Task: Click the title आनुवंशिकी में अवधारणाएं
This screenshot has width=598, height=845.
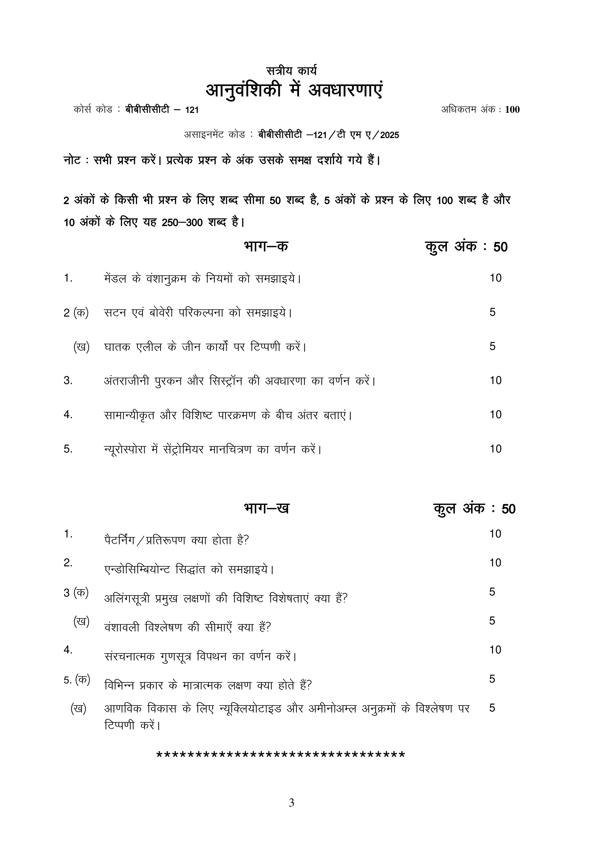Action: pyautogui.click(x=294, y=90)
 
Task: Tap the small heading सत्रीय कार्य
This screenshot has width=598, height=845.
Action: pyautogui.click(x=291, y=70)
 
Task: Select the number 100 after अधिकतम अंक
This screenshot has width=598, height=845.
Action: pyautogui.click(x=512, y=110)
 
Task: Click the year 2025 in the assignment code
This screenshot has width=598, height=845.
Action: pyautogui.click(x=390, y=135)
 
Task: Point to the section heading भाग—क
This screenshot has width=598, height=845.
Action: pyautogui.click(x=266, y=246)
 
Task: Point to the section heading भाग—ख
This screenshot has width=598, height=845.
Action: pyautogui.click(x=266, y=508)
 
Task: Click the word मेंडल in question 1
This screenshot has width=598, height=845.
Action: pyautogui.click(x=116, y=278)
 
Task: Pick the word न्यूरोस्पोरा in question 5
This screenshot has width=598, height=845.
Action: pyautogui.click(x=125, y=449)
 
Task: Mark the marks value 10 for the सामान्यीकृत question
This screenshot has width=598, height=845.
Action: pyautogui.click(x=495, y=415)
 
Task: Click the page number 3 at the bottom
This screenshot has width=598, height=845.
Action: pyautogui.click(x=291, y=803)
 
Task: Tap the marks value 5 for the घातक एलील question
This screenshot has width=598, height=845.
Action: pyautogui.click(x=492, y=346)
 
